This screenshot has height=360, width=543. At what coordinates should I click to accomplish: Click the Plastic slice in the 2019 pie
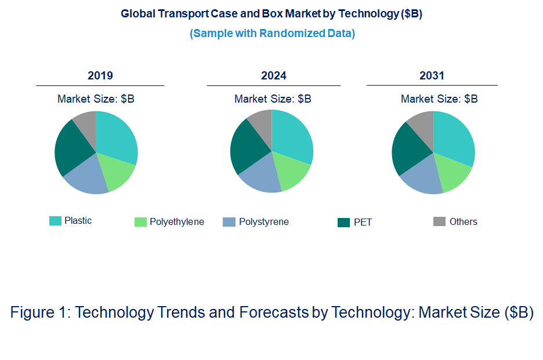click(116, 136)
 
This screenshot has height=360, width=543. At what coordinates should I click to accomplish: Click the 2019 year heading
click(100, 76)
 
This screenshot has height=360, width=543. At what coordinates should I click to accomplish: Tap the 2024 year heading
click(274, 76)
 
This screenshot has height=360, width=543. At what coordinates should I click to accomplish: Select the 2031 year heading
click(432, 76)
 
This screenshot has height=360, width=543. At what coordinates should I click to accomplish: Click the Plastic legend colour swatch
click(55, 220)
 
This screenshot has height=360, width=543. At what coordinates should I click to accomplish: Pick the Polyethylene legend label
click(177, 222)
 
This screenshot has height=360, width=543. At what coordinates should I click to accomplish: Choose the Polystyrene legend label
click(263, 222)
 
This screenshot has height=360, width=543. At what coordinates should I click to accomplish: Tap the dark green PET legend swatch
click(343, 222)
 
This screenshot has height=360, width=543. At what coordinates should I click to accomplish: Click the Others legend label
click(463, 222)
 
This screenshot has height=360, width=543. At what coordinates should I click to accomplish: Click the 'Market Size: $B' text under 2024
click(273, 99)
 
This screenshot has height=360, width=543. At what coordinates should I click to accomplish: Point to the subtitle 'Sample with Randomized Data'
click(272, 33)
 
